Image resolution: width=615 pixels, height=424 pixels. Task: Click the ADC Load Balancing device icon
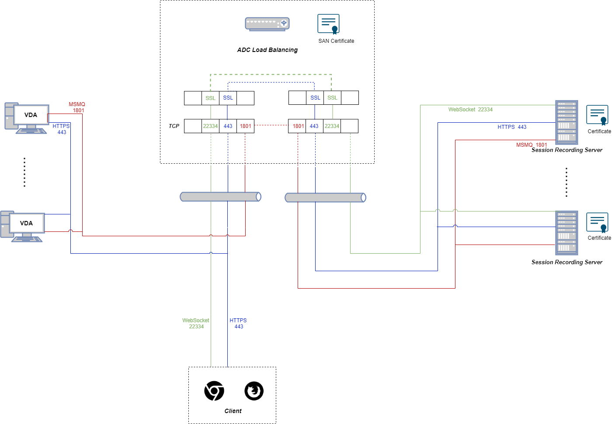pos(267,24)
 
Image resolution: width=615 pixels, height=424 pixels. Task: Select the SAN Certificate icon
pos(328,24)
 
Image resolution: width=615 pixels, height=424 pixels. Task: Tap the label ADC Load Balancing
pos(267,50)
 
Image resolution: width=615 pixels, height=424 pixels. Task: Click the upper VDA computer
pos(27,118)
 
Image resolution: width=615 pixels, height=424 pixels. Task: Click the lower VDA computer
pos(22,226)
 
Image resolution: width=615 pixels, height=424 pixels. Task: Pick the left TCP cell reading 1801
pos(245,126)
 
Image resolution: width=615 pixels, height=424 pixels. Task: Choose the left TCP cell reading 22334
pos(210,126)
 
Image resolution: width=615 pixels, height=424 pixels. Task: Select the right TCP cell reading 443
pos(314,126)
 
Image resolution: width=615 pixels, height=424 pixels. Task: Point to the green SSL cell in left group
pos(210,98)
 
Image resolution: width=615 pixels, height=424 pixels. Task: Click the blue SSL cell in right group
pos(315,98)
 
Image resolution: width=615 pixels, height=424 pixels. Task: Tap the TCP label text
pos(174,126)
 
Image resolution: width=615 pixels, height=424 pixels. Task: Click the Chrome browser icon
pos(214,391)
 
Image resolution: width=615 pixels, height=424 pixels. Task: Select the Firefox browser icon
pos(254,391)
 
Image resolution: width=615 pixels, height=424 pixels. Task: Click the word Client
pos(233,411)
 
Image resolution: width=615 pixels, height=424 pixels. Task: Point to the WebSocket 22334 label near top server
pos(470,110)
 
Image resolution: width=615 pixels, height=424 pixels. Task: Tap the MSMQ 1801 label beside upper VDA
pos(77,107)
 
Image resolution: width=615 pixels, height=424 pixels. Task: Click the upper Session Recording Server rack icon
pos(566,122)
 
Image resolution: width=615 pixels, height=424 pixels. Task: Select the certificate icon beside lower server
pos(597,223)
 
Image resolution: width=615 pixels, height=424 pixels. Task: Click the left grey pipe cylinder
pos(221,197)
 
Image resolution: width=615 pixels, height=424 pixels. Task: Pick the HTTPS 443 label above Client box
pos(238,324)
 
